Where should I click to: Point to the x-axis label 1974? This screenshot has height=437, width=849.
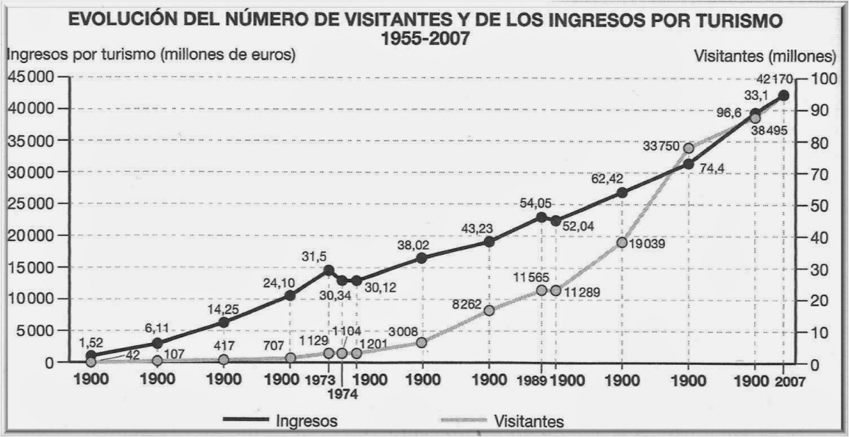pyautogui.click(x=342, y=392)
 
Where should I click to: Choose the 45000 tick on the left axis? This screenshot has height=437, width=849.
pyautogui.click(x=30, y=77)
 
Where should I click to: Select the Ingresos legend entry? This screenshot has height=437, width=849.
pyautogui.click(x=305, y=421)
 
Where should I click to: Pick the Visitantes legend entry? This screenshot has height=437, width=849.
pyautogui.click(x=529, y=421)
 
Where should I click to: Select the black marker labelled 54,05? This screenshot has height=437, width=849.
pyautogui.click(x=542, y=217)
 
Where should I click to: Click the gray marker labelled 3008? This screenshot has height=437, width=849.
pyautogui.click(x=422, y=342)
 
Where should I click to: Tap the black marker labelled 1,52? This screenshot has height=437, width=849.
pyautogui.click(x=91, y=356)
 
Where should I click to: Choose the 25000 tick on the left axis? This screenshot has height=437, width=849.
pyautogui.click(x=30, y=204)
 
